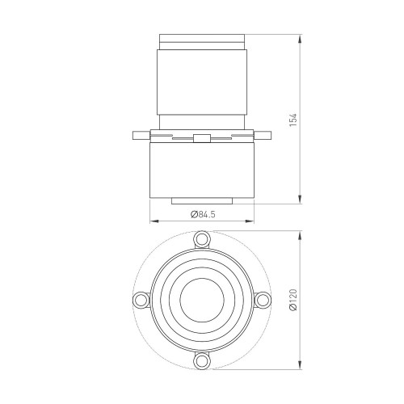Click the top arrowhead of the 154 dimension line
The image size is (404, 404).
tap(301, 37)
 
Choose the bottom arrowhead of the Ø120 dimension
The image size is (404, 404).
tap(301, 366)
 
